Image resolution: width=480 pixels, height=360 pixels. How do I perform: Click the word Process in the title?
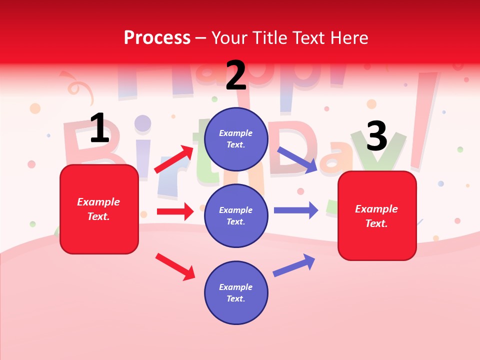[x=157, y=38]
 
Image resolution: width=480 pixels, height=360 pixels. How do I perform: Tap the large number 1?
[x=99, y=128]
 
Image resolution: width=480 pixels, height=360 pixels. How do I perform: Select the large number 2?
[x=236, y=75]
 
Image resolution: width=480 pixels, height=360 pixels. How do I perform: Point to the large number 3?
[x=376, y=136]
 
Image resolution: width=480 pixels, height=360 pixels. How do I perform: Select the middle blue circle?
[x=236, y=215]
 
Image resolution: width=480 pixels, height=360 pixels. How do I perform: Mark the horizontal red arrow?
[x=175, y=211]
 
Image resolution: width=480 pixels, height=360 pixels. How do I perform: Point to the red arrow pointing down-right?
[x=175, y=266]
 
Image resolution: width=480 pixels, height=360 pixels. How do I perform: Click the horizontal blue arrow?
[x=295, y=210]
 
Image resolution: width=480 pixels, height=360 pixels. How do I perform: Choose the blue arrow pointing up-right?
[x=294, y=265]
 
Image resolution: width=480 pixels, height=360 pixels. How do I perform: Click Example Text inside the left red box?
[x=98, y=209]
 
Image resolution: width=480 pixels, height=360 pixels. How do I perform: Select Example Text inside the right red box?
[x=376, y=216]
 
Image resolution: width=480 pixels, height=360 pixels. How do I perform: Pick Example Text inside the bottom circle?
[x=236, y=293]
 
